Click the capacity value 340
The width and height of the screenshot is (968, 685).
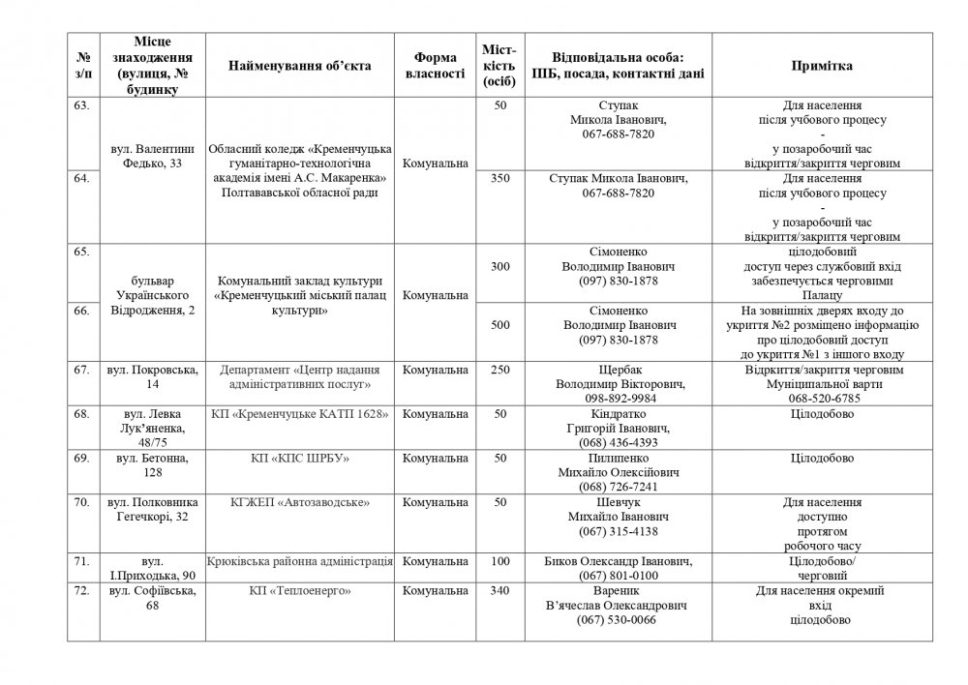click(499, 589)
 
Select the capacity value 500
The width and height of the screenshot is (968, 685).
click(499, 325)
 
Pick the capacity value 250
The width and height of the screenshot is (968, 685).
click(499, 371)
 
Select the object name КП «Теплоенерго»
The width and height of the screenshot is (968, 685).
click(299, 589)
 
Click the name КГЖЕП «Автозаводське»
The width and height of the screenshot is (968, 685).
click(299, 503)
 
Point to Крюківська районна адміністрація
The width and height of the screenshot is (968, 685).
click(299, 561)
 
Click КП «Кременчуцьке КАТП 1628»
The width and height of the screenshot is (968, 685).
click(299, 415)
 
